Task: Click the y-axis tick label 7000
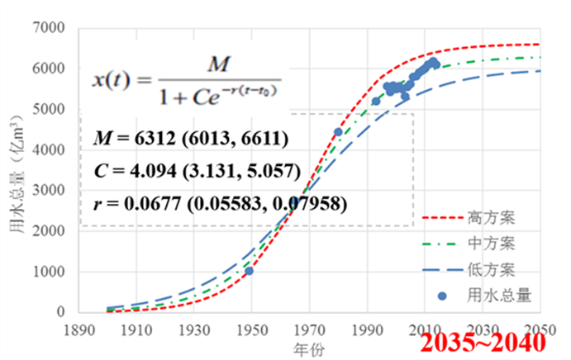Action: [x=50, y=29]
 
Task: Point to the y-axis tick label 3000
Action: [x=50, y=191]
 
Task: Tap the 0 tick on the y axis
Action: [x=60, y=312]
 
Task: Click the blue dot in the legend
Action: [x=441, y=294]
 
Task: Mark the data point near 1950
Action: [x=250, y=271]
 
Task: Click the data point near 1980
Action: [x=338, y=132]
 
